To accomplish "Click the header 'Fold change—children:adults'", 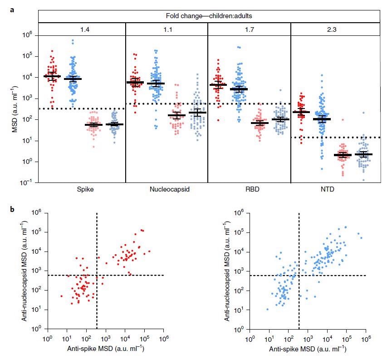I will point(209,16).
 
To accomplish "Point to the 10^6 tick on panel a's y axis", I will point(29,35).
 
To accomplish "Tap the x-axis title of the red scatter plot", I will point(105,349).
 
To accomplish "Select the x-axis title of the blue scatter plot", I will point(307,349).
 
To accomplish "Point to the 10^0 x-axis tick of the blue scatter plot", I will point(249,338).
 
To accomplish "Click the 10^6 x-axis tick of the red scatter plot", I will point(164,338).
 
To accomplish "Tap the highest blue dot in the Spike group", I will point(73,41).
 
